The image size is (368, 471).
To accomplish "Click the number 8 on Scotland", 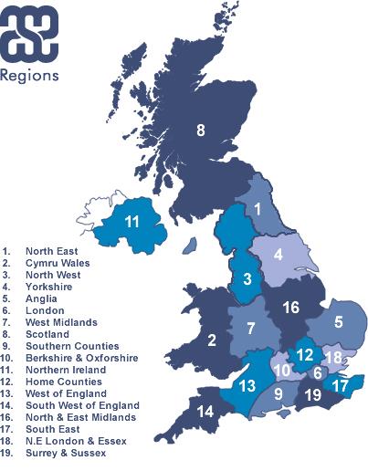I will click(201, 131).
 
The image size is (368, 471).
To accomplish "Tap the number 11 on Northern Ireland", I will click(132, 222).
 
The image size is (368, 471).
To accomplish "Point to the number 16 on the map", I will click(290, 308).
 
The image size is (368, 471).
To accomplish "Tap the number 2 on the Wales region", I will click(211, 341).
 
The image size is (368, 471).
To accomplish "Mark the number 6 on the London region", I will click(318, 372).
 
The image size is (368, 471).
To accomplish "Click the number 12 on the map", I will click(305, 353).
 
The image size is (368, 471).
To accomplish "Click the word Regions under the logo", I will click(31, 75).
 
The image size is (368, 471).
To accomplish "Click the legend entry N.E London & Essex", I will click(74, 441).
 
